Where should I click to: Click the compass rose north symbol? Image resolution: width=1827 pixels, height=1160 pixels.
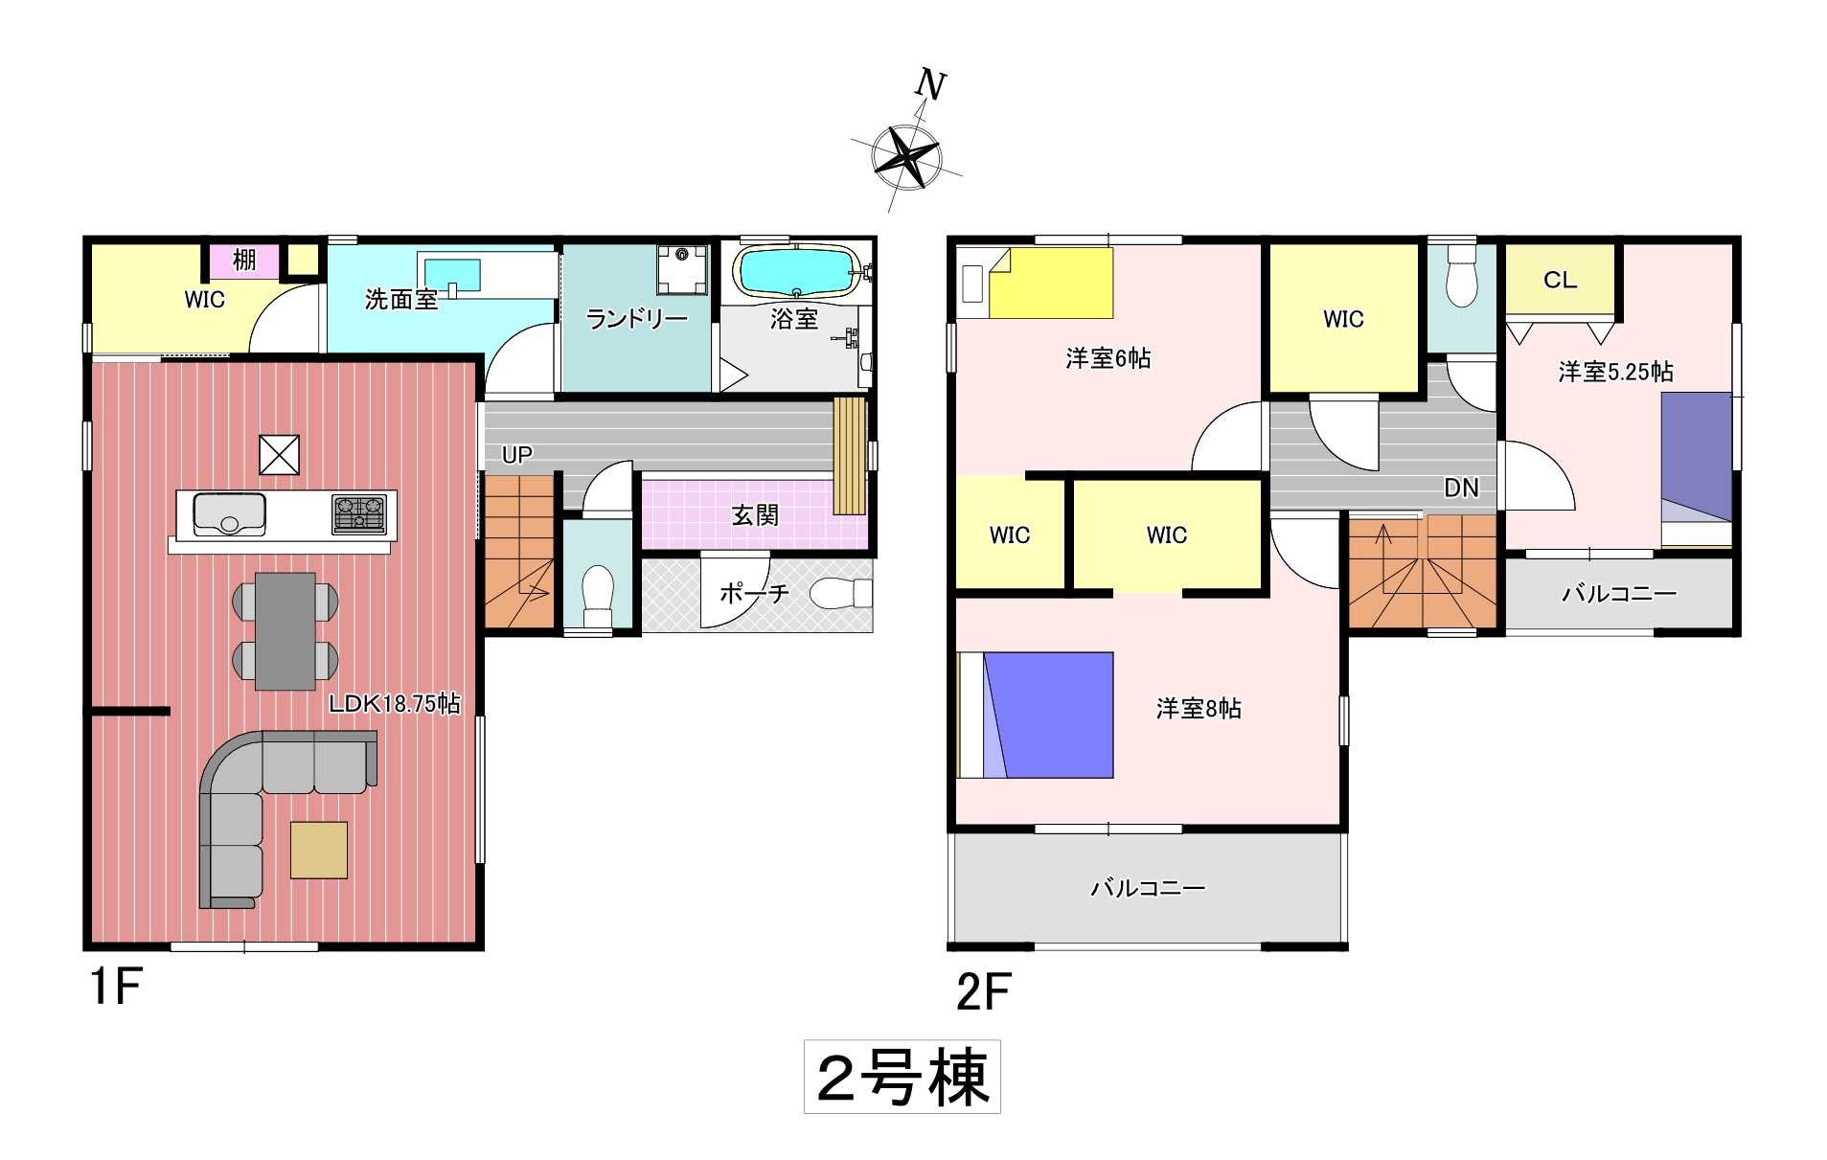[x=906, y=153]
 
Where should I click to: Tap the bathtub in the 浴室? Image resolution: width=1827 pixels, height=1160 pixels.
[x=796, y=271]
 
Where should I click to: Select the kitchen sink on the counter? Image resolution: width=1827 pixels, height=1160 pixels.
[x=230, y=514]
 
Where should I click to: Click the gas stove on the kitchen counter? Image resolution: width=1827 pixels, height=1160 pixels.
[x=359, y=514]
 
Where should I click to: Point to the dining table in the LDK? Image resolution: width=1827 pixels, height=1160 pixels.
[x=285, y=631]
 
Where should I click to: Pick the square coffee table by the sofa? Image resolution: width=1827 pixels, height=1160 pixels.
[x=319, y=850]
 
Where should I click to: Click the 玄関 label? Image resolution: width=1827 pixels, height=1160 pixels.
[x=755, y=515]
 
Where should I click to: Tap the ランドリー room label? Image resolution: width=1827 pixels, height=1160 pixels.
[x=637, y=318]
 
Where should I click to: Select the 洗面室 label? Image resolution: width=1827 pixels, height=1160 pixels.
[x=400, y=300]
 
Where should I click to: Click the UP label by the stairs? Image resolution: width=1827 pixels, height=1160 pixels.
[x=517, y=455]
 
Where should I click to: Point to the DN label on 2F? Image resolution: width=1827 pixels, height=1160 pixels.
[x=1461, y=489]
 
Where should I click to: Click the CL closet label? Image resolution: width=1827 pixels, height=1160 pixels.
[x=1560, y=280]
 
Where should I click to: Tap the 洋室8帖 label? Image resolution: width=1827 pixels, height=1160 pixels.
[x=1199, y=708]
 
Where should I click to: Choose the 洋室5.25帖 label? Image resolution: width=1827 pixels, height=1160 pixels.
[x=1616, y=372]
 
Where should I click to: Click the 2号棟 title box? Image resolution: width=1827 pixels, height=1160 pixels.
[x=902, y=1077]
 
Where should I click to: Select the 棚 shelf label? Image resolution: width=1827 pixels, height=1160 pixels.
[x=244, y=260]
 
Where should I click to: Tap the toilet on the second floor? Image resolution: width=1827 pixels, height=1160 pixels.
[x=1461, y=276]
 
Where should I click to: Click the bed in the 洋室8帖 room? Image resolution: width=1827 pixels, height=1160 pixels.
[x=1036, y=715]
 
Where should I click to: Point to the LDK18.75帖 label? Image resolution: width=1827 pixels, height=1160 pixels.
[x=394, y=703]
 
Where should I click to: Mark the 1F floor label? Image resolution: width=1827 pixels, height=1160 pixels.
[x=116, y=986]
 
